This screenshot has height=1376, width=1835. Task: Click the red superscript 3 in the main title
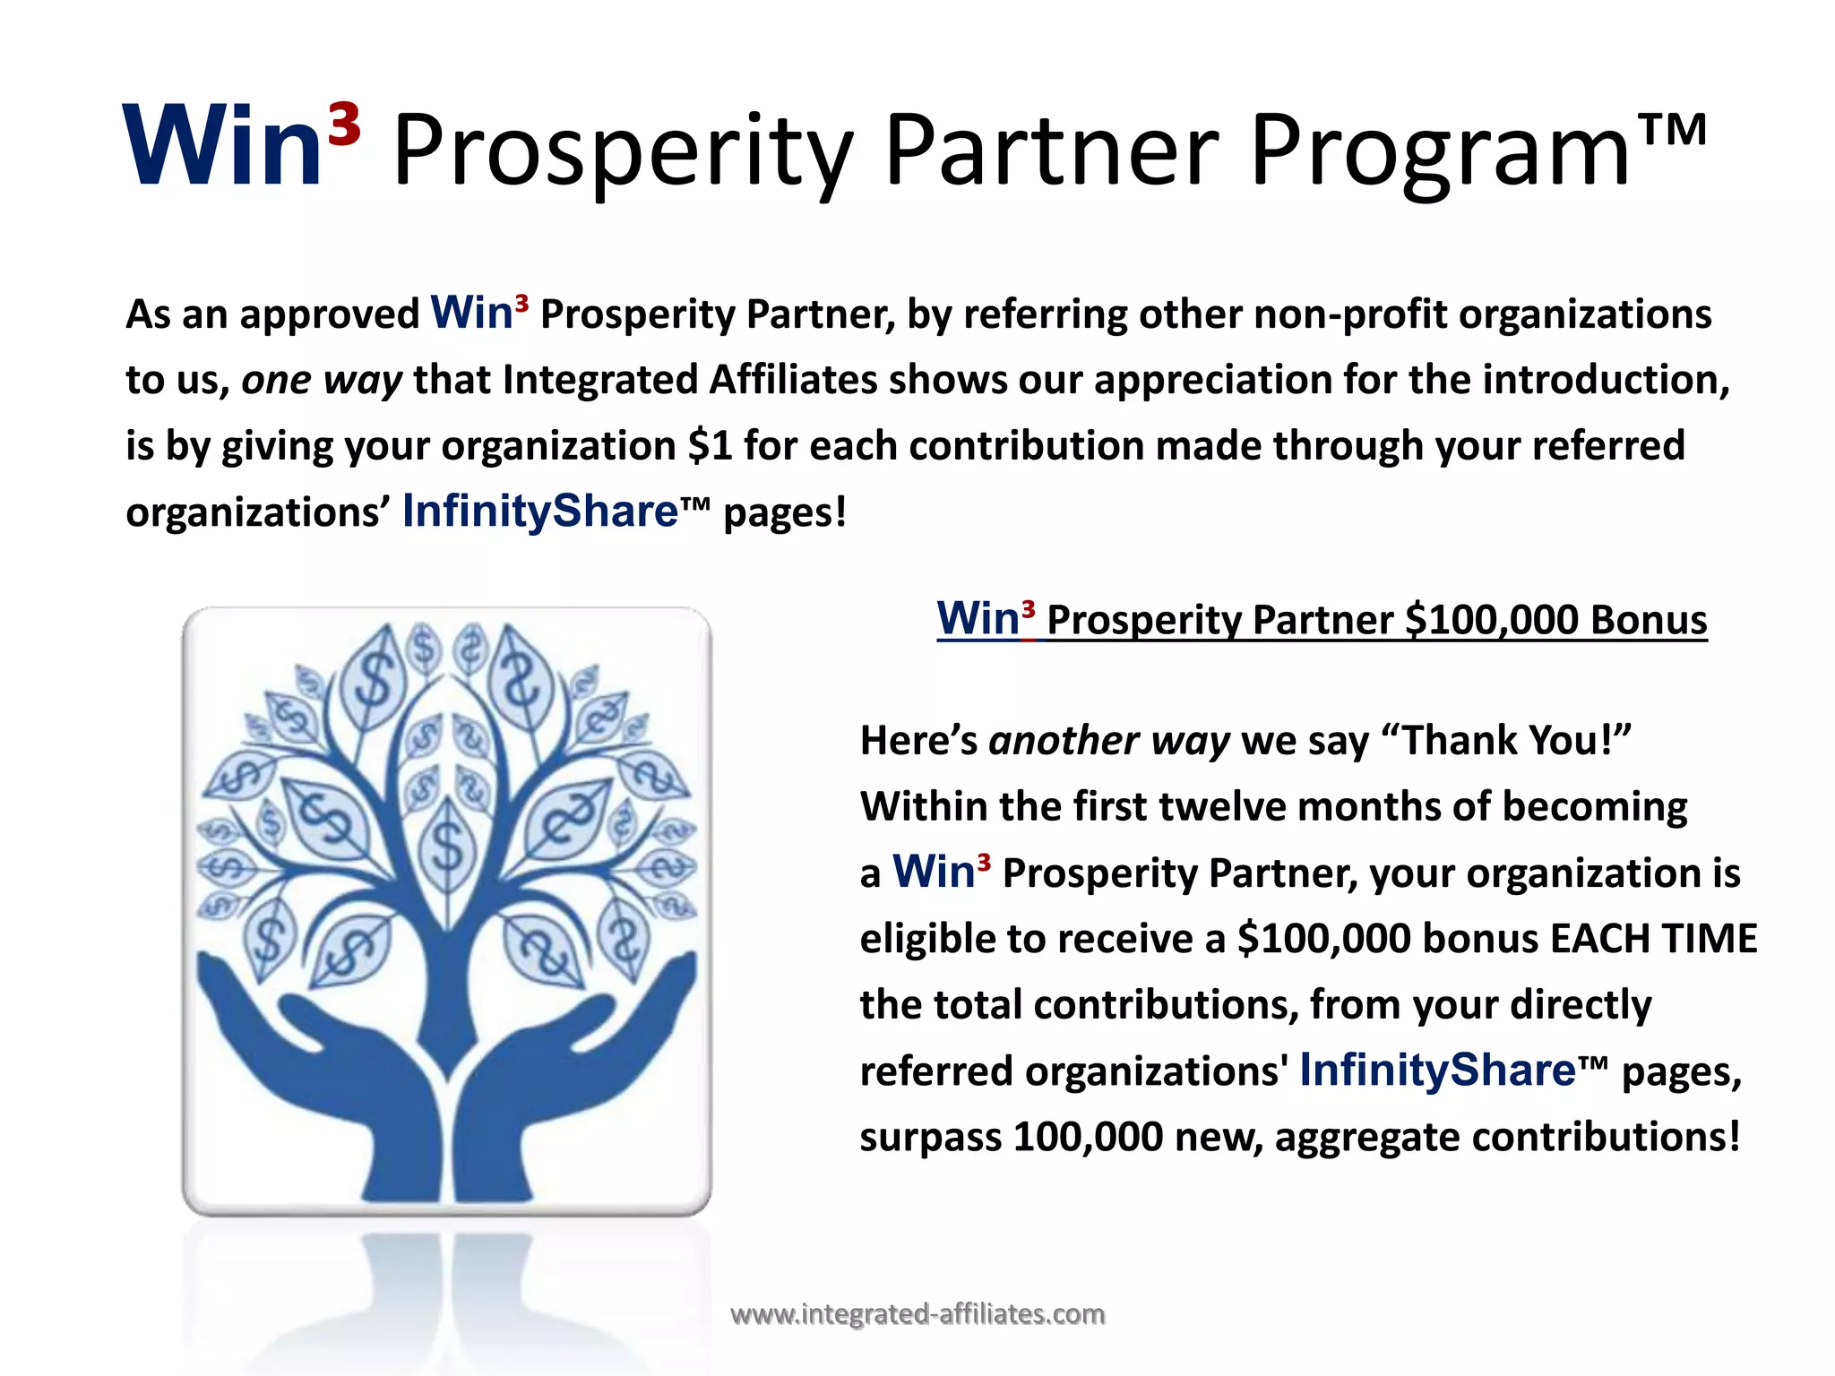344,125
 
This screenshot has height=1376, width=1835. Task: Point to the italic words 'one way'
322,380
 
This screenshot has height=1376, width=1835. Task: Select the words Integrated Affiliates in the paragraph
690,380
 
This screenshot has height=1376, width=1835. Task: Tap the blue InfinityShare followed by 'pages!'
539,512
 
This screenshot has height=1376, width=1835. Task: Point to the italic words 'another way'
1108,741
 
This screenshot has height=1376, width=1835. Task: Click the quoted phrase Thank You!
1515,741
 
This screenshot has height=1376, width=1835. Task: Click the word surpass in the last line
930,1138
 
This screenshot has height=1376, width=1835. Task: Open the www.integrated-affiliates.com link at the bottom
917,1314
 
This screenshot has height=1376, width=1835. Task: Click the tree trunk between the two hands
445,994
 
